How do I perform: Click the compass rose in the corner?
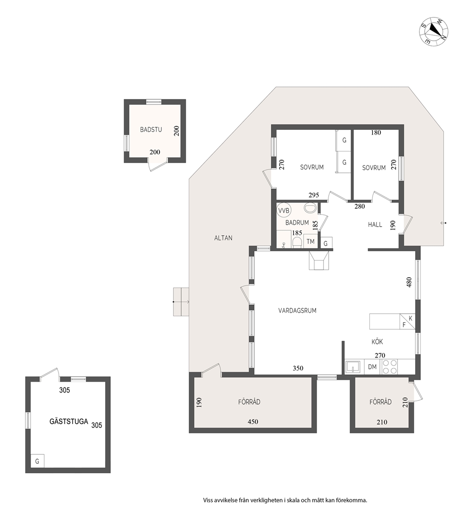(x=434, y=32)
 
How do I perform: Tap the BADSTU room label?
(x=151, y=130)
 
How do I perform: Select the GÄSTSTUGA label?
(x=69, y=421)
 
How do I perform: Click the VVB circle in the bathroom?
(x=284, y=211)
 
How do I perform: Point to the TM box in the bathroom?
(x=310, y=242)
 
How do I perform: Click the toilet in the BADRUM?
(x=297, y=242)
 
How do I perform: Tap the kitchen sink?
(x=353, y=367)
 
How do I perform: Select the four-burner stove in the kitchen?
(x=390, y=367)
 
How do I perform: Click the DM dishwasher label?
(x=372, y=367)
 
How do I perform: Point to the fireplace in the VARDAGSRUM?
(x=319, y=261)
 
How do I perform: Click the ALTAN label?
(x=223, y=238)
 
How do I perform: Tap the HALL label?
(x=375, y=224)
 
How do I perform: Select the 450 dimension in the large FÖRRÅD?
(x=253, y=422)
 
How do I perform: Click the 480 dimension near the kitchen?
(x=409, y=282)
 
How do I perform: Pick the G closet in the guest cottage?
(x=37, y=461)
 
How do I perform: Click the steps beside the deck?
(x=181, y=302)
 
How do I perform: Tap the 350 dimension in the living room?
(x=298, y=368)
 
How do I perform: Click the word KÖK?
(x=377, y=342)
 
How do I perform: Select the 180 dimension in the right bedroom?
(x=376, y=133)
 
